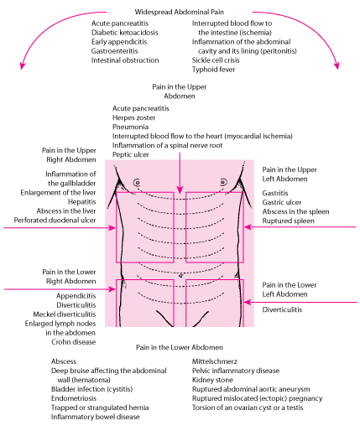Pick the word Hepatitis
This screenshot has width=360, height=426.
click(x=75, y=201)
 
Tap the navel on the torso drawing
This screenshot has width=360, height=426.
click(x=180, y=275)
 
